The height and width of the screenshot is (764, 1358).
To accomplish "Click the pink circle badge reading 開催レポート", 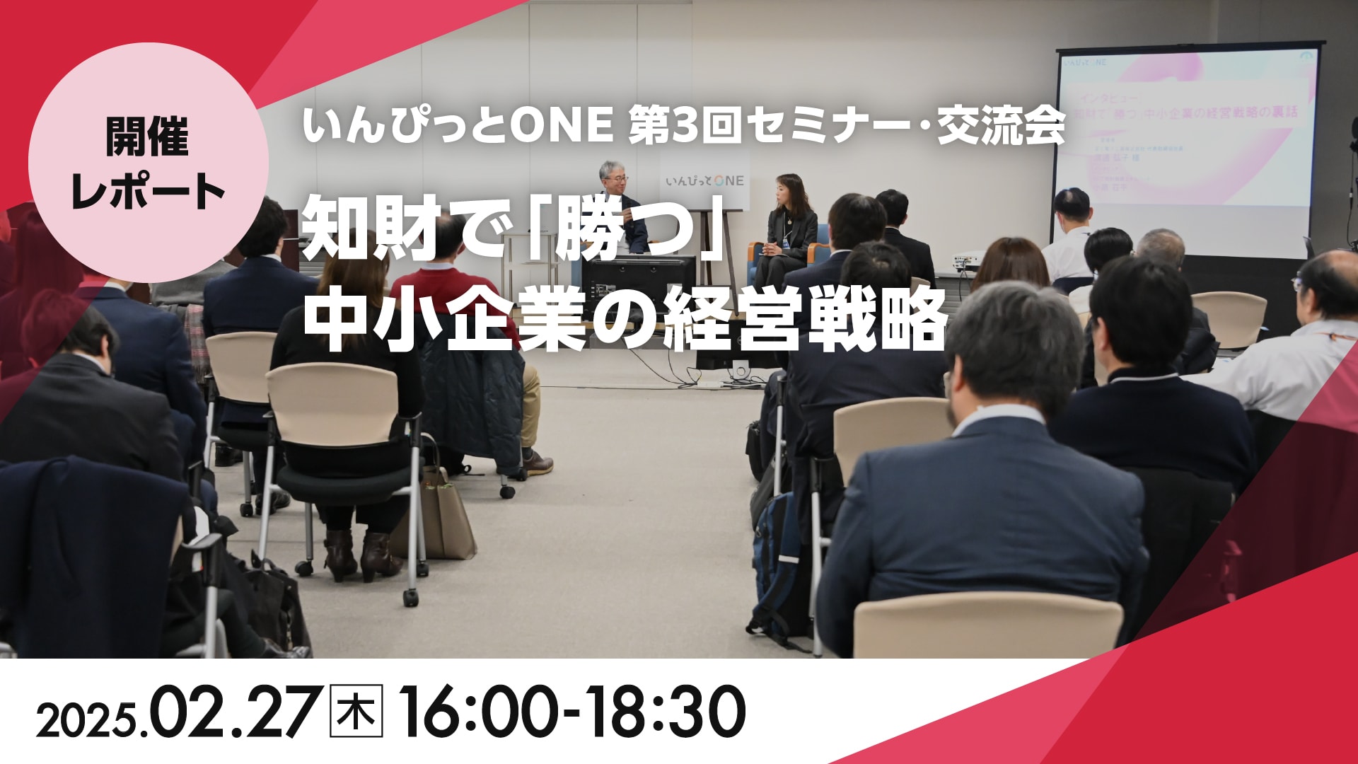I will pyautogui.click(x=148, y=163).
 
